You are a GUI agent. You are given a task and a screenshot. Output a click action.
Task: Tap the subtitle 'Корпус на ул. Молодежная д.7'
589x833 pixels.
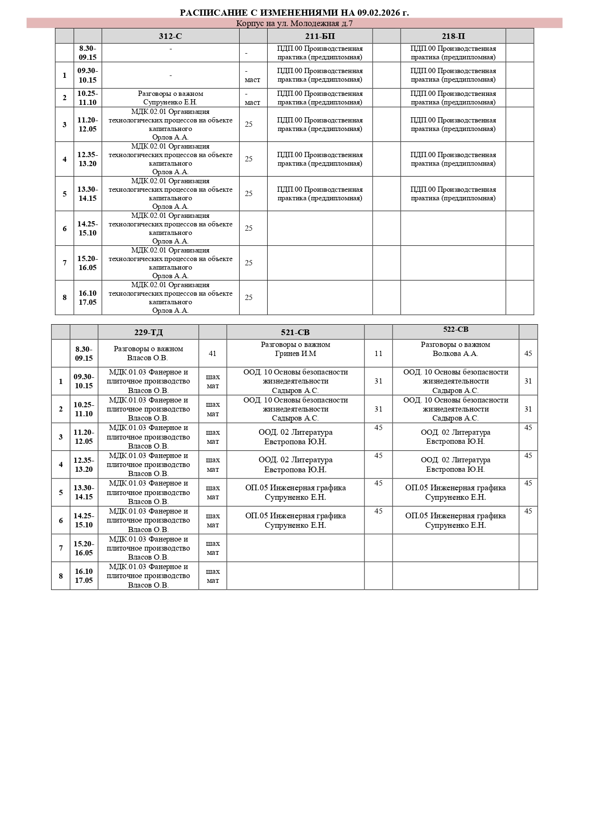(294, 23)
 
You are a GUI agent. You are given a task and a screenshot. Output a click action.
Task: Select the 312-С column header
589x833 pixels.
(170, 36)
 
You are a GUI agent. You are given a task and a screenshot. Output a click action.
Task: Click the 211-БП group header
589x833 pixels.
(320, 36)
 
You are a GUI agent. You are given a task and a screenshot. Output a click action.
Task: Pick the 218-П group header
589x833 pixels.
(453, 36)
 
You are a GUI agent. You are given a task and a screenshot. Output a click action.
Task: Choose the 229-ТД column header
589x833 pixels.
(148, 332)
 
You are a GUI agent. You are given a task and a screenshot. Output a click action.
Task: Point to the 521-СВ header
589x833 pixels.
(295, 332)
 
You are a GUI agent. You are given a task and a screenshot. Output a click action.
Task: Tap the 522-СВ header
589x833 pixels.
(456, 329)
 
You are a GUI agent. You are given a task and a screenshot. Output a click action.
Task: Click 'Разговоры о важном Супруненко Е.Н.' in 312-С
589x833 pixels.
(170, 98)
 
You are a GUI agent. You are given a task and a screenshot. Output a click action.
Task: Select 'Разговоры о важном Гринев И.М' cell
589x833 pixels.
(295, 349)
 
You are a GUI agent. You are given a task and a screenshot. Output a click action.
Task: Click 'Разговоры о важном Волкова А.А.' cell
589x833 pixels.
(456, 349)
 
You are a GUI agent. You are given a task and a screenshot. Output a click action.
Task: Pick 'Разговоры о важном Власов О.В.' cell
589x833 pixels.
(148, 353)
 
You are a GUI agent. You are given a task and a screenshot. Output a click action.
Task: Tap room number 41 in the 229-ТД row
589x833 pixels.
(213, 353)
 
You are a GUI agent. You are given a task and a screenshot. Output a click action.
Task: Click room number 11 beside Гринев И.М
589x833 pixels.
(378, 353)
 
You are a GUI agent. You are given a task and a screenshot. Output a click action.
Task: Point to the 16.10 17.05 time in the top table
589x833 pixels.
(88, 298)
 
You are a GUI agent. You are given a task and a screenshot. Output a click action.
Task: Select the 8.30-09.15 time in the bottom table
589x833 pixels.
(84, 353)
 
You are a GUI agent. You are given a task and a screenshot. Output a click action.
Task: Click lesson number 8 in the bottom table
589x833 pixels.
(61, 576)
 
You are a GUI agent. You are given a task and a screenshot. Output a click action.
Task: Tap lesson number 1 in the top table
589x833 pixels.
(65, 75)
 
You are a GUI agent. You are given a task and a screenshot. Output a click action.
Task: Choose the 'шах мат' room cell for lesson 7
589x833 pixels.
(213, 548)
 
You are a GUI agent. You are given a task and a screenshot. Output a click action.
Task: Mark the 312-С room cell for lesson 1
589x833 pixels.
(252, 75)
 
